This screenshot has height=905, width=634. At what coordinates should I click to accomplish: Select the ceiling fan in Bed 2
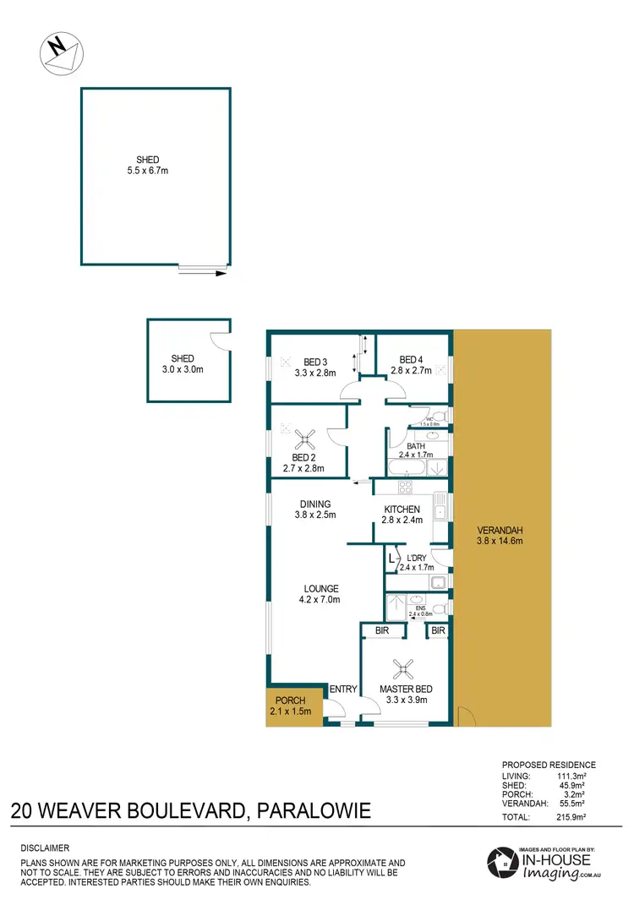coord(305,438)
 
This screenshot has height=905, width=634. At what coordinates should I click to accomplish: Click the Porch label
coord(289,701)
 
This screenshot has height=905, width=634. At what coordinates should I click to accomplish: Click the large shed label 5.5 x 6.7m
coord(147,171)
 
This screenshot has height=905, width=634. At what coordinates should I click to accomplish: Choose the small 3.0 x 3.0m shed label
coord(183,369)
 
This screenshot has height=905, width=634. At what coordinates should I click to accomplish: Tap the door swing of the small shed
coord(219,340)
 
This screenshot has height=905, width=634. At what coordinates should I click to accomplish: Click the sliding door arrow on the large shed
coord(204,273)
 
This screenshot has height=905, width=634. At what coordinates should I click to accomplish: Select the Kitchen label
coord(402,510)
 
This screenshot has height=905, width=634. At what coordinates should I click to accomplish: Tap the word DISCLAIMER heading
coord(45,848)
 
